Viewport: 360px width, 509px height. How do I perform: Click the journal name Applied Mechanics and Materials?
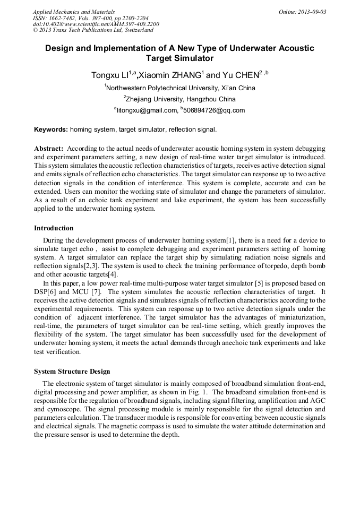74,12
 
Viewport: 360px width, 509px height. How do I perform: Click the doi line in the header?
96,24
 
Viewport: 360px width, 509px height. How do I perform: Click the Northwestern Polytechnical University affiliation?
181,88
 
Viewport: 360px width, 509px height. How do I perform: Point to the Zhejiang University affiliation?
181,99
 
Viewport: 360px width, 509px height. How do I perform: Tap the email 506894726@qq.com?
214,111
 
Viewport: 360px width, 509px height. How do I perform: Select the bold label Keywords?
51,130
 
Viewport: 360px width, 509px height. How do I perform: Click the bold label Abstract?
49,149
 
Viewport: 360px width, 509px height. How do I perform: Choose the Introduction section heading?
54,228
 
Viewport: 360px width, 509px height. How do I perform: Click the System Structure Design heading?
72,372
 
